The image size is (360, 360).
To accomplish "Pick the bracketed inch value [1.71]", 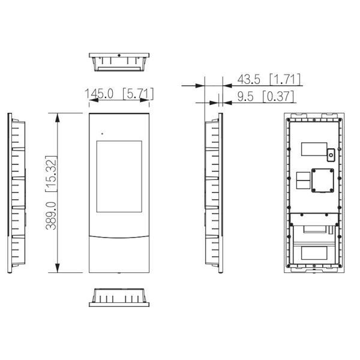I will point(285,79).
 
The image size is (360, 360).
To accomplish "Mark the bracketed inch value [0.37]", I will point(277,95).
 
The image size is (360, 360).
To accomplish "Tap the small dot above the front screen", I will point(101,133).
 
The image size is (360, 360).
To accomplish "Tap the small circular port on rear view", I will point(331,155).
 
